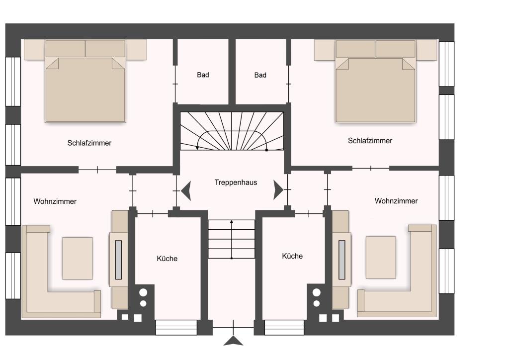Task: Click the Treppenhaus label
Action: [236, 182]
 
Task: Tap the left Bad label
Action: [203, 75]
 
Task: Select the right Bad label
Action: [260, 75]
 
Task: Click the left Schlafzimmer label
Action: [89, 143]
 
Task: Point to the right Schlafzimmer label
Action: [370, 141]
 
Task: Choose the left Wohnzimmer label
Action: [55, 201]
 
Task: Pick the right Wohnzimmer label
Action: [396, 201]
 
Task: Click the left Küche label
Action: [167, 259]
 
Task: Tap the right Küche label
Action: [292, 256]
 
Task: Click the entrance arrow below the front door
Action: [234, 341]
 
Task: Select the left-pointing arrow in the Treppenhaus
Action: [186, 190]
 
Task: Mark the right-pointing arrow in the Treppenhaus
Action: [278, 190]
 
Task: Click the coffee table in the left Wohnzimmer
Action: [78, 259]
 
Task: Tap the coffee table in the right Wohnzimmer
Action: [381, 258]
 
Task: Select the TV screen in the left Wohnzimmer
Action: [118, 260]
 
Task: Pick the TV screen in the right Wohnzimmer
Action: [342, 260]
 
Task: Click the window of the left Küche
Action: [176, 327]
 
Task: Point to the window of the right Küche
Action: [284, 327]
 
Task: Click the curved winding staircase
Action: [232, 131]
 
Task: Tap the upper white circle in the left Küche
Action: [143, 292]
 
